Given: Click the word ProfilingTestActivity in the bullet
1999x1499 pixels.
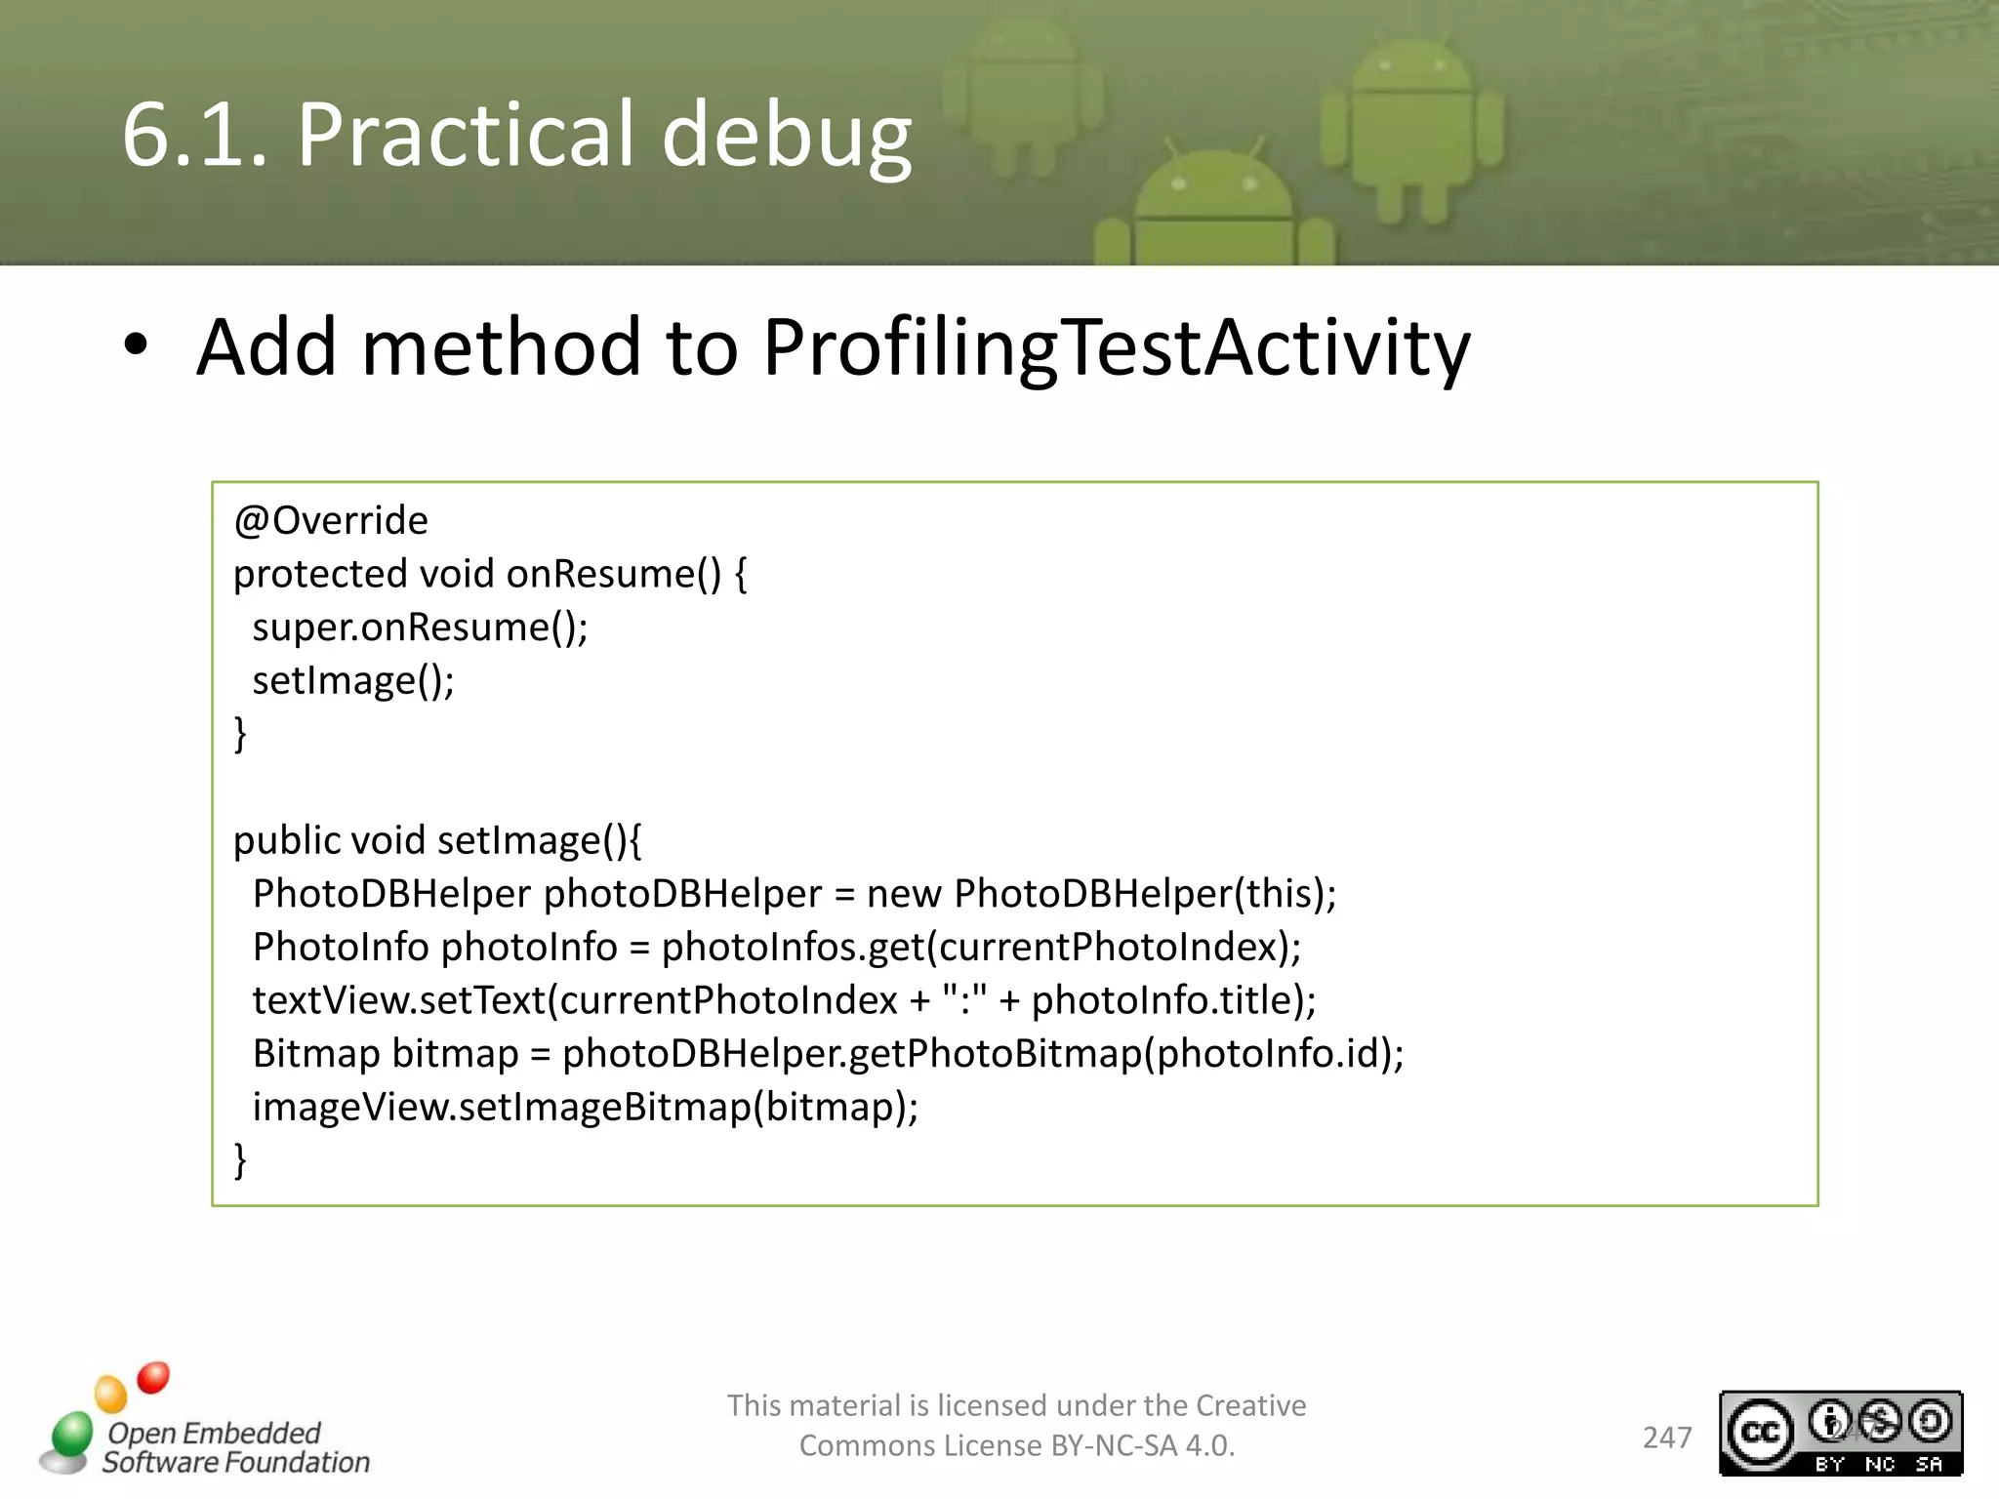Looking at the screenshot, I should pos(1115,347).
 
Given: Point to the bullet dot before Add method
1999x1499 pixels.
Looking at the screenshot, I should pos(137,345).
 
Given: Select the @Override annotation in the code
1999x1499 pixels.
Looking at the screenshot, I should pos(330,521).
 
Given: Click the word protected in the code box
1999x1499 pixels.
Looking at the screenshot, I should pos(318,575).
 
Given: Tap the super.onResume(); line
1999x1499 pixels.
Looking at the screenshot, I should pos(420,628).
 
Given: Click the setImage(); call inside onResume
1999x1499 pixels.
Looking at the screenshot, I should pos(353,681).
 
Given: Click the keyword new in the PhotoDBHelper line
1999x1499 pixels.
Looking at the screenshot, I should pos(903,894).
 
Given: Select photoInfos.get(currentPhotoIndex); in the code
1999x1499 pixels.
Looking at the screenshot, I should pos(981,948).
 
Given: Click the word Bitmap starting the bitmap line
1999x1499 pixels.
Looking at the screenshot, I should pos(315,1054).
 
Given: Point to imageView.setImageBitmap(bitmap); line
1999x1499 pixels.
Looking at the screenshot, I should pos(586,1108).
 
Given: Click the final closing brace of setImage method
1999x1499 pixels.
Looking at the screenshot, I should pos(240,1160).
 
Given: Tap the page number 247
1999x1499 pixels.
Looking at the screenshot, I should pos(1666,1438).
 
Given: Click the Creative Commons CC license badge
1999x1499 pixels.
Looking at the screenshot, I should pos(1840,1433).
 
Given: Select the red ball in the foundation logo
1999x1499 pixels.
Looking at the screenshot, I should pos(153,1378).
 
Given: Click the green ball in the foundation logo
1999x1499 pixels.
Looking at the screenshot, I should pos(71,1434).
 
